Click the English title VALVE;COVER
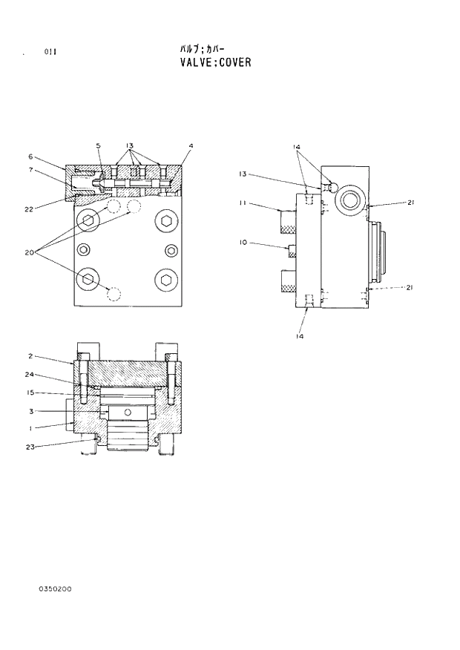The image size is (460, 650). (215, 62)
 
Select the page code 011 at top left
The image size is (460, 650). (50, 51)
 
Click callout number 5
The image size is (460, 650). (98, 145)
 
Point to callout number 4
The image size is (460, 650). (191, 145)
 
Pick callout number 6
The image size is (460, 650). (30, 157)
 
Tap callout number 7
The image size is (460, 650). (30, 171)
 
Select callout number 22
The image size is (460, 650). (29, 209)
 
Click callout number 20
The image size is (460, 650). (30, 252)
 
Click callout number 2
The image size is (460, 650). (30, 356)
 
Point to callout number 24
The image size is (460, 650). (30, 375)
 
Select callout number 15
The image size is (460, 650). (30, 393)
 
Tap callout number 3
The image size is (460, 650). (30, 411)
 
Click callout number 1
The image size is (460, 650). (30, 427)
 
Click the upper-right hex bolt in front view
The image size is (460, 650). (165, 219)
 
